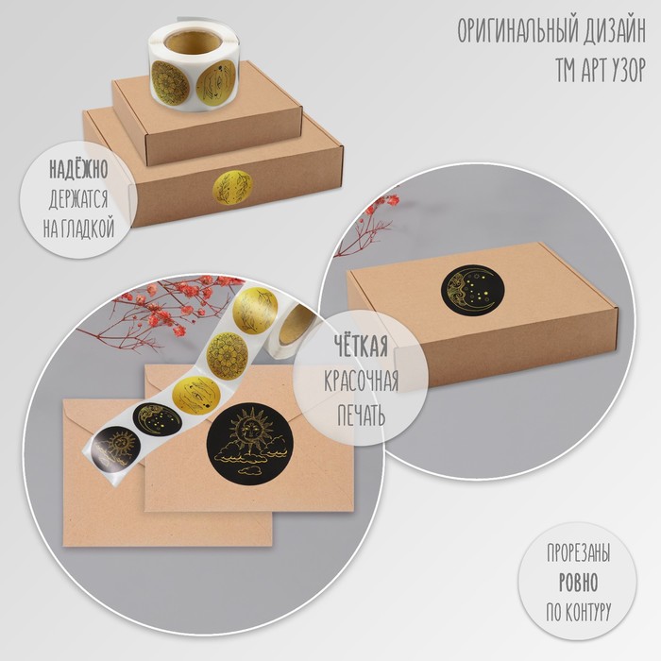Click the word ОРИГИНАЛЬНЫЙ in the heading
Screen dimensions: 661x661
[517, 31]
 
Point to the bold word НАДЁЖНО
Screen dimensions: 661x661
[78, 170]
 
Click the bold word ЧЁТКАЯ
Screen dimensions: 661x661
[362, 346]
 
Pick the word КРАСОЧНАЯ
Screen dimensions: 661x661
[362, 381]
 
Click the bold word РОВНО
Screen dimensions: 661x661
[578, 583]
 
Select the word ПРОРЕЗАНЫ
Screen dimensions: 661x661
[578, 552]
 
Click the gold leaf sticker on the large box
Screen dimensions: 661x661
[231, 188]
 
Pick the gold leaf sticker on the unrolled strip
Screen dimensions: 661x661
[256, 311]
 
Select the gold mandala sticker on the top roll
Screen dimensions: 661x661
[170, 83]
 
